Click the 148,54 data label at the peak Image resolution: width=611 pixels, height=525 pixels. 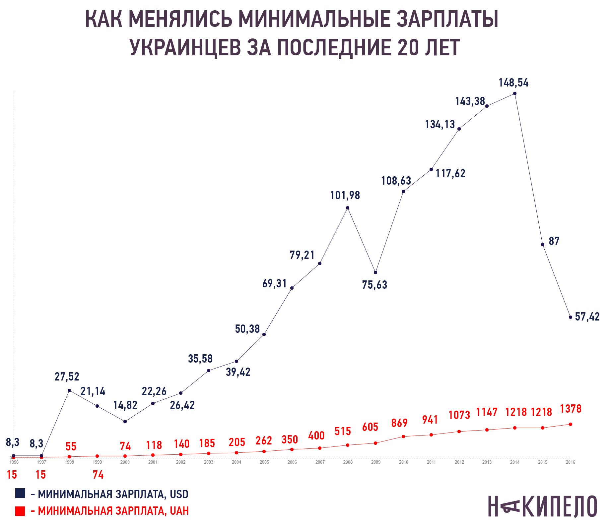pyautogui.click(x=513, y=83)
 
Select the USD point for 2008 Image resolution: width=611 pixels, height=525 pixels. pyautogui.click(x=348, y=208)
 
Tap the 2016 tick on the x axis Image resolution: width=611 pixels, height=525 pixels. pyautogui.click(x=571, y=462)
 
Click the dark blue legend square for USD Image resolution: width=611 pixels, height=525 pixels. pyautogui.click(x=20, y=494)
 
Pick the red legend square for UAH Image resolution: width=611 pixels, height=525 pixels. pyautogui.click(x=20, y=511)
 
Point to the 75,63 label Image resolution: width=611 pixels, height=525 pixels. pyautogui.click(x=374, y=285)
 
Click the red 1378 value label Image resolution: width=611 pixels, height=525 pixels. pyautogui.click(x=571, y=409)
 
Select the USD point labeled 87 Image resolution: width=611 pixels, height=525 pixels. pyautogui.click(x=543, y=245)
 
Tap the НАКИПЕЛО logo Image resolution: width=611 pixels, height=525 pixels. pyautogui.click(x=542, y=506)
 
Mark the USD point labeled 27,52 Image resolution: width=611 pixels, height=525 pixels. pyautogui.click(x=69, y=390)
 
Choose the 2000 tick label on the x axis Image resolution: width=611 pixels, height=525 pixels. pyautogui.click(x=125, y=462)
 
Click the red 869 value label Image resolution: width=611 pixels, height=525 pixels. pyautogui.click(x=399, y=423)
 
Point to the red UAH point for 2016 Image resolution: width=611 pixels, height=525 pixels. pyautogui.click(x=571, y=424)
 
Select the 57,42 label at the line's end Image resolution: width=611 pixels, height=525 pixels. pyautogui.click(x=587, y=317)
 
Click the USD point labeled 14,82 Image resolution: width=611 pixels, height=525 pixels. pyautogui.click(x=125, y=422)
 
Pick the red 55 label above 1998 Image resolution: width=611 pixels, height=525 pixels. pyautogui.click(x=71, y=446)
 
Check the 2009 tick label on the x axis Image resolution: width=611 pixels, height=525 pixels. pyautogui.click(x=376, y=462)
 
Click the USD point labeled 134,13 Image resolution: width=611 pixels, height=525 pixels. pyautogui.click(x=459, y=129)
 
